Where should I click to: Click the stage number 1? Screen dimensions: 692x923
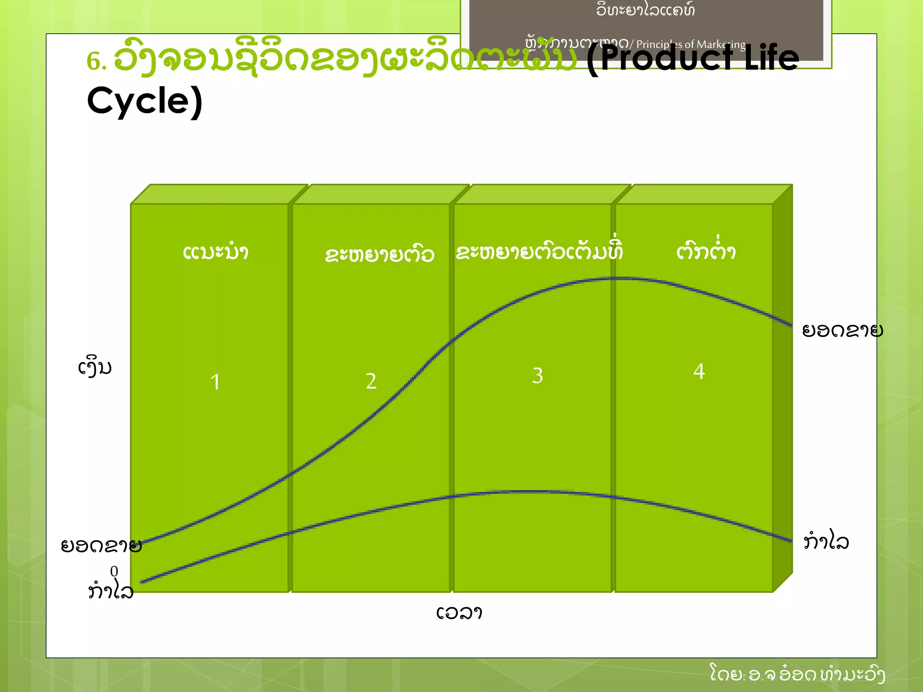click(215, 382)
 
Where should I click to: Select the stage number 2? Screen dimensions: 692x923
click(371, 381)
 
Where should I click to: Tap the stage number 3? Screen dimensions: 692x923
click(537, 375)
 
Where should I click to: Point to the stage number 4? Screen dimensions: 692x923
click(699, 372)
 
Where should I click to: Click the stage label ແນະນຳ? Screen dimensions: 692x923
click(215, 252)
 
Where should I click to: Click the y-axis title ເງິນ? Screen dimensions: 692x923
click(95, 367)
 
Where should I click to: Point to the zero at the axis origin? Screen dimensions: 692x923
click(114, 571)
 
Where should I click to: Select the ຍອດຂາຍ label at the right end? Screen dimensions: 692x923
click(842, 331)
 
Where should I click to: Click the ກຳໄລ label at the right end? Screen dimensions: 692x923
click(826, 541)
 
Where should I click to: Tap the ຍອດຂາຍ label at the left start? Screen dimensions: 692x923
click(101, 546)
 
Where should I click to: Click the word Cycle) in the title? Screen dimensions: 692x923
click(145, 101)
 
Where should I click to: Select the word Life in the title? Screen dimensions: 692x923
click(772, 58)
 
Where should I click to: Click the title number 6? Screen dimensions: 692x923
click(96, 61)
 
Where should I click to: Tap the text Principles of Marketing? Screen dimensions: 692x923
click(690, 44)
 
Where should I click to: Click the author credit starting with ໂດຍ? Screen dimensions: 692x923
click(797, 674)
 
